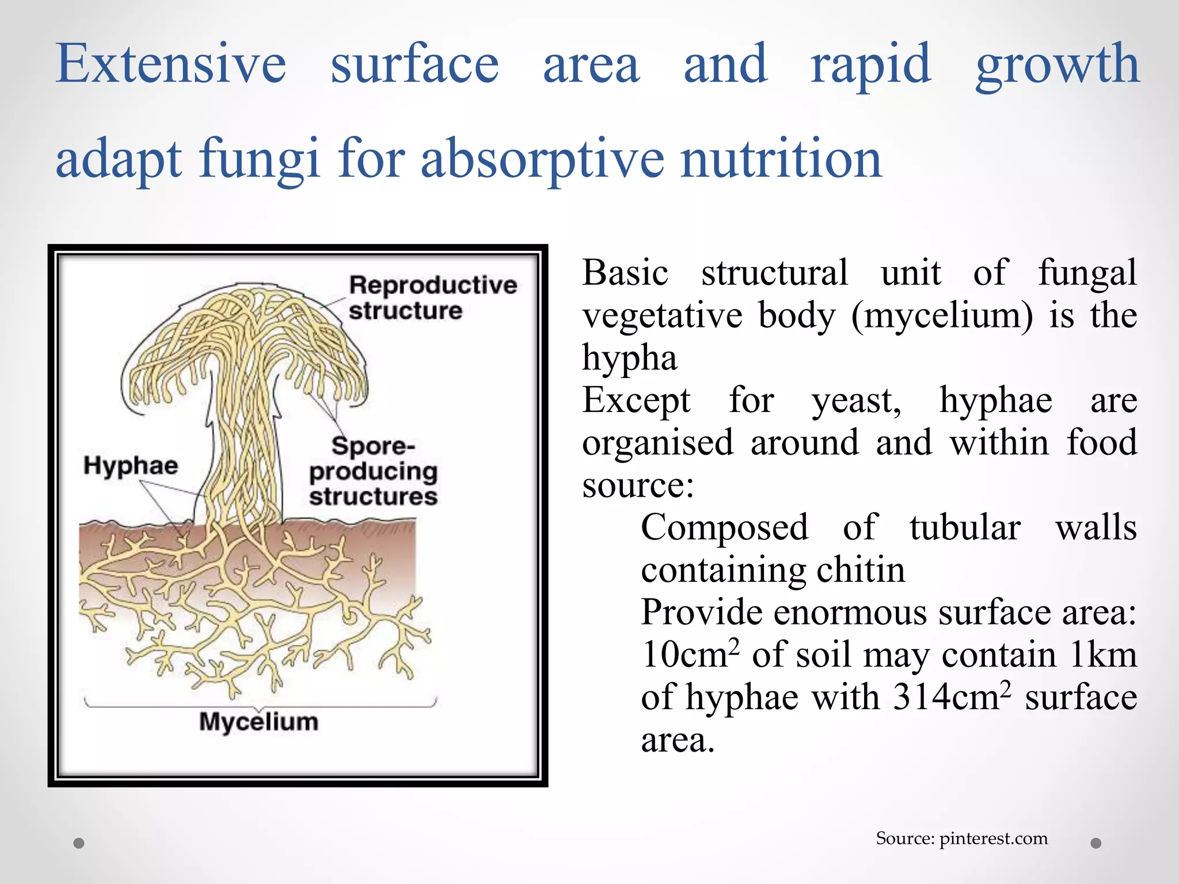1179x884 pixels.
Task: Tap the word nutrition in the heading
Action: click(781, 158)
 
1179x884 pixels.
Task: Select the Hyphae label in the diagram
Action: click(131, 465)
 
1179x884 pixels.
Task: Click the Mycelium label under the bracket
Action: click(258, 722)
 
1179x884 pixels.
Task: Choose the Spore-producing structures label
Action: click(373, 471)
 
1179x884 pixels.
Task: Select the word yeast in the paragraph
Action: click(856, 400)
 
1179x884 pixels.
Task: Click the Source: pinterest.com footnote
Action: click(961, 838)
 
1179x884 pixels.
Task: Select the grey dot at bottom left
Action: click(79, 843)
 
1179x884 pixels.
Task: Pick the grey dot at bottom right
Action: click(1096, 843)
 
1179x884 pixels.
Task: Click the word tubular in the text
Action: click(965, 527)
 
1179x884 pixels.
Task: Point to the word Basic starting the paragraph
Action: click(625, 272)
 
